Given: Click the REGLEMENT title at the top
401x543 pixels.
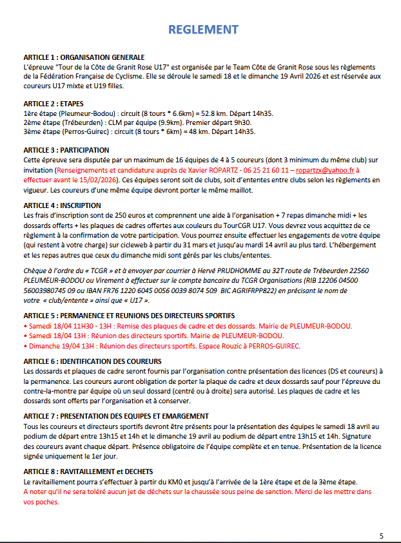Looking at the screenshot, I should [202, 30].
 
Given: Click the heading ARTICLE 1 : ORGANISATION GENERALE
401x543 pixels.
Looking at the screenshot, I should [84, 57].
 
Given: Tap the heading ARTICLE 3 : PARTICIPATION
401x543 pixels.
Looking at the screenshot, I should [66, 150].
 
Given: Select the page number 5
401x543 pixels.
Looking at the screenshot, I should [381, 536].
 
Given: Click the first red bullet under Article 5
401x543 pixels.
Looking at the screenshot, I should [25, 327].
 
